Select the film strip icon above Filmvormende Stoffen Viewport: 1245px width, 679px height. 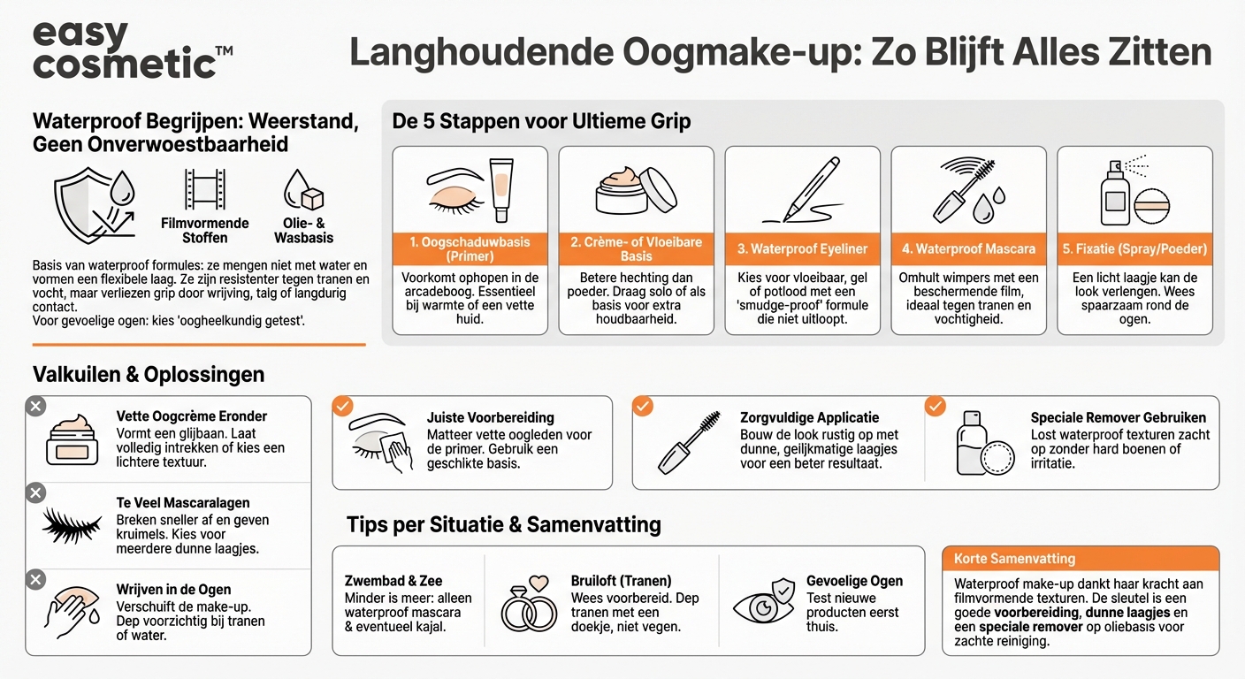click(204, 190)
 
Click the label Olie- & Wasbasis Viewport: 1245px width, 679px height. click(303, 231)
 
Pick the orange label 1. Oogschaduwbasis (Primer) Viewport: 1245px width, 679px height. click(470, 249)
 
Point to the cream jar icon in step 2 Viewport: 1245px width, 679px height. click(636, 188)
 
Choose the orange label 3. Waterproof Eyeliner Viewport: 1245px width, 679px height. click(802, 249)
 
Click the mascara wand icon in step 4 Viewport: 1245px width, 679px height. click(967, 190)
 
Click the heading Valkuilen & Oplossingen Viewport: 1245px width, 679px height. click(149, 375)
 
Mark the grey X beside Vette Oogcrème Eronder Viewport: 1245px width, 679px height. click(35, 407)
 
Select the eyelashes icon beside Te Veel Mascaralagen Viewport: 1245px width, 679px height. click(72, 525)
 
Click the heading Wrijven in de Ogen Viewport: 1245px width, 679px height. click(173, 590)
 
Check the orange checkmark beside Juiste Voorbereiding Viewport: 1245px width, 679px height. click(342, 407)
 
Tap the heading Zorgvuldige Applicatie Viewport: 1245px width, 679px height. click(809, 417)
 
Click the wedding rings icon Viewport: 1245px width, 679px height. click(529, 605)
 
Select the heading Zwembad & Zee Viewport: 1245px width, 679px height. click(393, 581)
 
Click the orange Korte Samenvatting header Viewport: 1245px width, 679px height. click(1081, 559)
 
